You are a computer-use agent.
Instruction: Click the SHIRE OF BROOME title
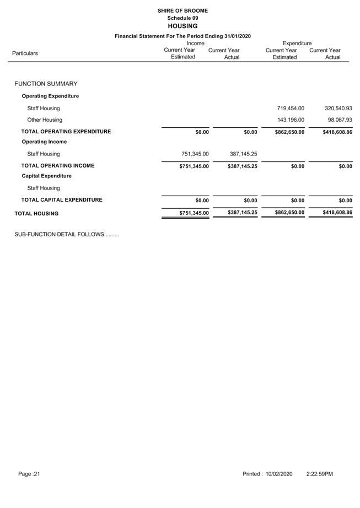coord(182,10)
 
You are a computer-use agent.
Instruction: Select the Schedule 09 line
coord(182,18)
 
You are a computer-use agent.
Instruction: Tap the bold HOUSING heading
coord(182,26)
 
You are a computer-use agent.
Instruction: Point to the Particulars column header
coord(25,53)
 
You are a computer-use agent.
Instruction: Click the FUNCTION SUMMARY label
coord(46,84)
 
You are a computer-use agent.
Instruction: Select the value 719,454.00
coord(290,109)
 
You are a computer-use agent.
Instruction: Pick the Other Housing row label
coord(45,120)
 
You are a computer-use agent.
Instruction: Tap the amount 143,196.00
coord(290,120)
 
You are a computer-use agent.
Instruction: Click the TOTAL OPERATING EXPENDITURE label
coord(66,132)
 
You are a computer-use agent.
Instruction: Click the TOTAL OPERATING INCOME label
coord(58,165)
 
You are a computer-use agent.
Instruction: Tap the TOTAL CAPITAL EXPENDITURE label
coord(62,200)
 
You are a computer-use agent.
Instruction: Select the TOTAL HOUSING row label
coord(36,213)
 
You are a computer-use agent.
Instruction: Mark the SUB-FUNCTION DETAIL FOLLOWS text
coord(67,235)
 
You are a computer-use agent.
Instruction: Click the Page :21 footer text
coord(29,474)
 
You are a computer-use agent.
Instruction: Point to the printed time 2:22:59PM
coord(319,474)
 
